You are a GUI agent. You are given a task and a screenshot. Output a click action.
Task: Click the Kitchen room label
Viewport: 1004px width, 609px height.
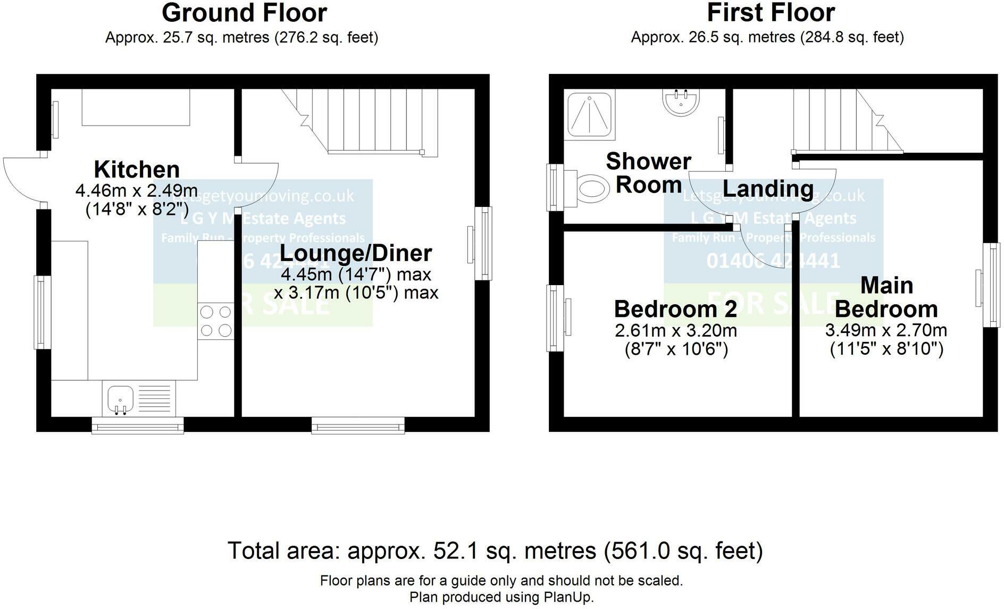(x=137, y=170)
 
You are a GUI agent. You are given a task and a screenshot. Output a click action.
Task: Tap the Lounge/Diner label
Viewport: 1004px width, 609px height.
(x=355, y=253)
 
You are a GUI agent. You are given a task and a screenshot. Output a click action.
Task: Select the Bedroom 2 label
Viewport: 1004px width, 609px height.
(x=675, y=309)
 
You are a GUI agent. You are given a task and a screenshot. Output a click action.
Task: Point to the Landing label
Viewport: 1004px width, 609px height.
(x=768, y=189)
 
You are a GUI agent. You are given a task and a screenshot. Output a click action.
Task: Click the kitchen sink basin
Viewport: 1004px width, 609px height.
(x=120, y=399)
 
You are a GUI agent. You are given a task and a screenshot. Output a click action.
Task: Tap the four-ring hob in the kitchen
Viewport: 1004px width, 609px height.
(x=215, y=321)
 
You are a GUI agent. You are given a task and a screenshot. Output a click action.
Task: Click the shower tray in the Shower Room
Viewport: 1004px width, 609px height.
(x=590, y=114)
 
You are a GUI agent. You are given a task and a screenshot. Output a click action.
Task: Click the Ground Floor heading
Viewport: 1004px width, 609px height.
(x=244, y=13)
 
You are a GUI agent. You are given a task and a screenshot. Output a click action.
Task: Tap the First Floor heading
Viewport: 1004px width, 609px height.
(x=771, y=13)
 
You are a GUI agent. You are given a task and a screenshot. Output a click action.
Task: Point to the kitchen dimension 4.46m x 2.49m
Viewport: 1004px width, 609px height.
(x=137, y=190)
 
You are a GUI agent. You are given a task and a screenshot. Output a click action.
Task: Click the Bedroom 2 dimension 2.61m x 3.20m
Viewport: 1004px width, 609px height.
(x=675, y=331)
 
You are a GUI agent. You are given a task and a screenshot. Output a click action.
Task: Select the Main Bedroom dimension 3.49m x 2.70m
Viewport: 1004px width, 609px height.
(x=886, y=330)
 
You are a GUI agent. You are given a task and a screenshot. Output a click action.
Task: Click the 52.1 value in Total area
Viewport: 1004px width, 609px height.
(x=451, y=551)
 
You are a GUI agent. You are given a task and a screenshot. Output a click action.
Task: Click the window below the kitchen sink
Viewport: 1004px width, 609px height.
(x=138, y=425)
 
